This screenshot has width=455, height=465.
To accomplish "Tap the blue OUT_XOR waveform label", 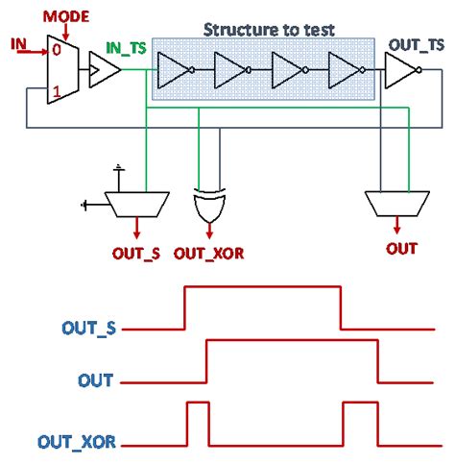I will pyautogui.click(x=78, y=443).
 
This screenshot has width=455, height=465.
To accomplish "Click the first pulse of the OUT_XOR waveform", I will pyautogui.click(x=199, y=426).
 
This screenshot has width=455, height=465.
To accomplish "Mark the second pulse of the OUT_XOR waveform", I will pyautogui.click(x=360, y=426).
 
